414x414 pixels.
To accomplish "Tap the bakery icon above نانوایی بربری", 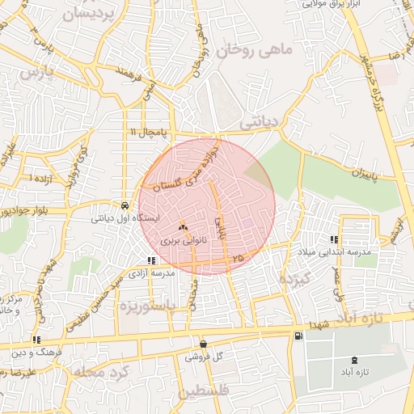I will (181, 228).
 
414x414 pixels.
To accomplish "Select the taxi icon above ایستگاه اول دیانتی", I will (124, 205).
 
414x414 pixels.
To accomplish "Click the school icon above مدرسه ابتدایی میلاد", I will (334, 239).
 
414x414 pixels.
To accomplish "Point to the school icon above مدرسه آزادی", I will (150, 260).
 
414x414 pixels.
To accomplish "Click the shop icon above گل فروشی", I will (202, 343).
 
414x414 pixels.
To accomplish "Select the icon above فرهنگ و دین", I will (36, 340).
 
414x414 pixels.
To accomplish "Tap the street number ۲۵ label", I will (237, 257).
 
